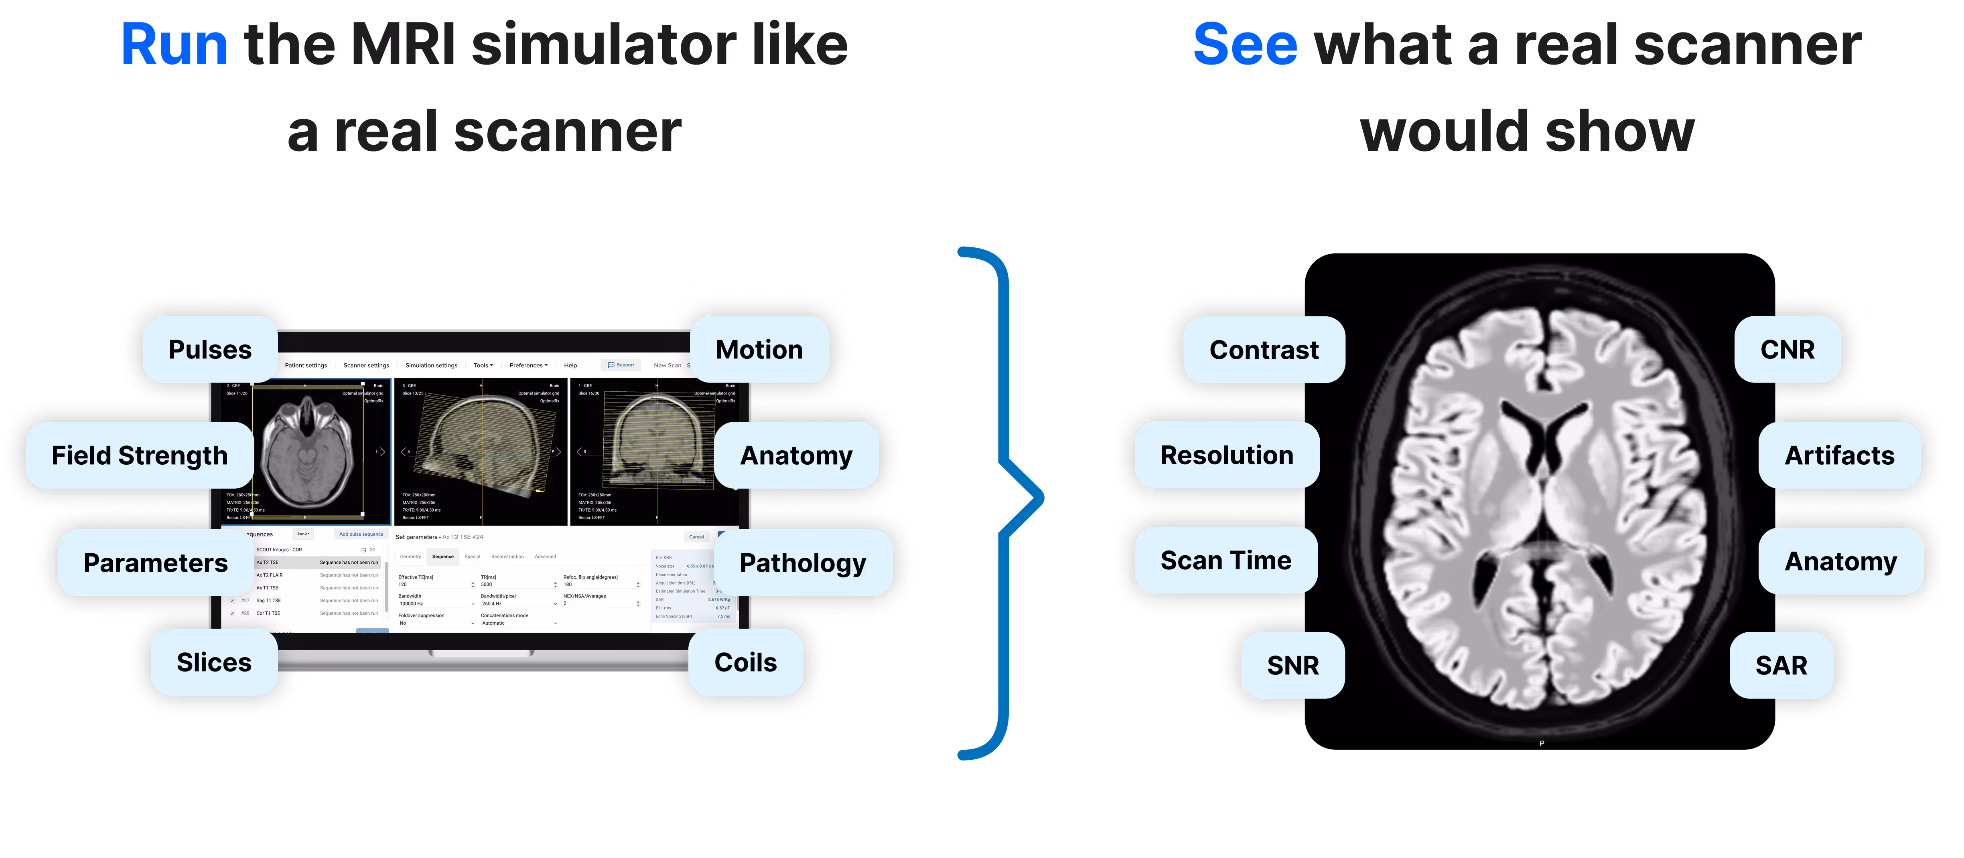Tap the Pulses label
pos(210,350)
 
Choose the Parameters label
pos(156,563)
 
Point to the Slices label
pos(214,662)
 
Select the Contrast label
pos(1263,350)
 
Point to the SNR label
pos(1292,665)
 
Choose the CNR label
pos(1787,350)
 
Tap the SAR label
pos(1781,665)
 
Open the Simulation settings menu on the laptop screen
pos(431,366)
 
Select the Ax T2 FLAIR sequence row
pos(270,575)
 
